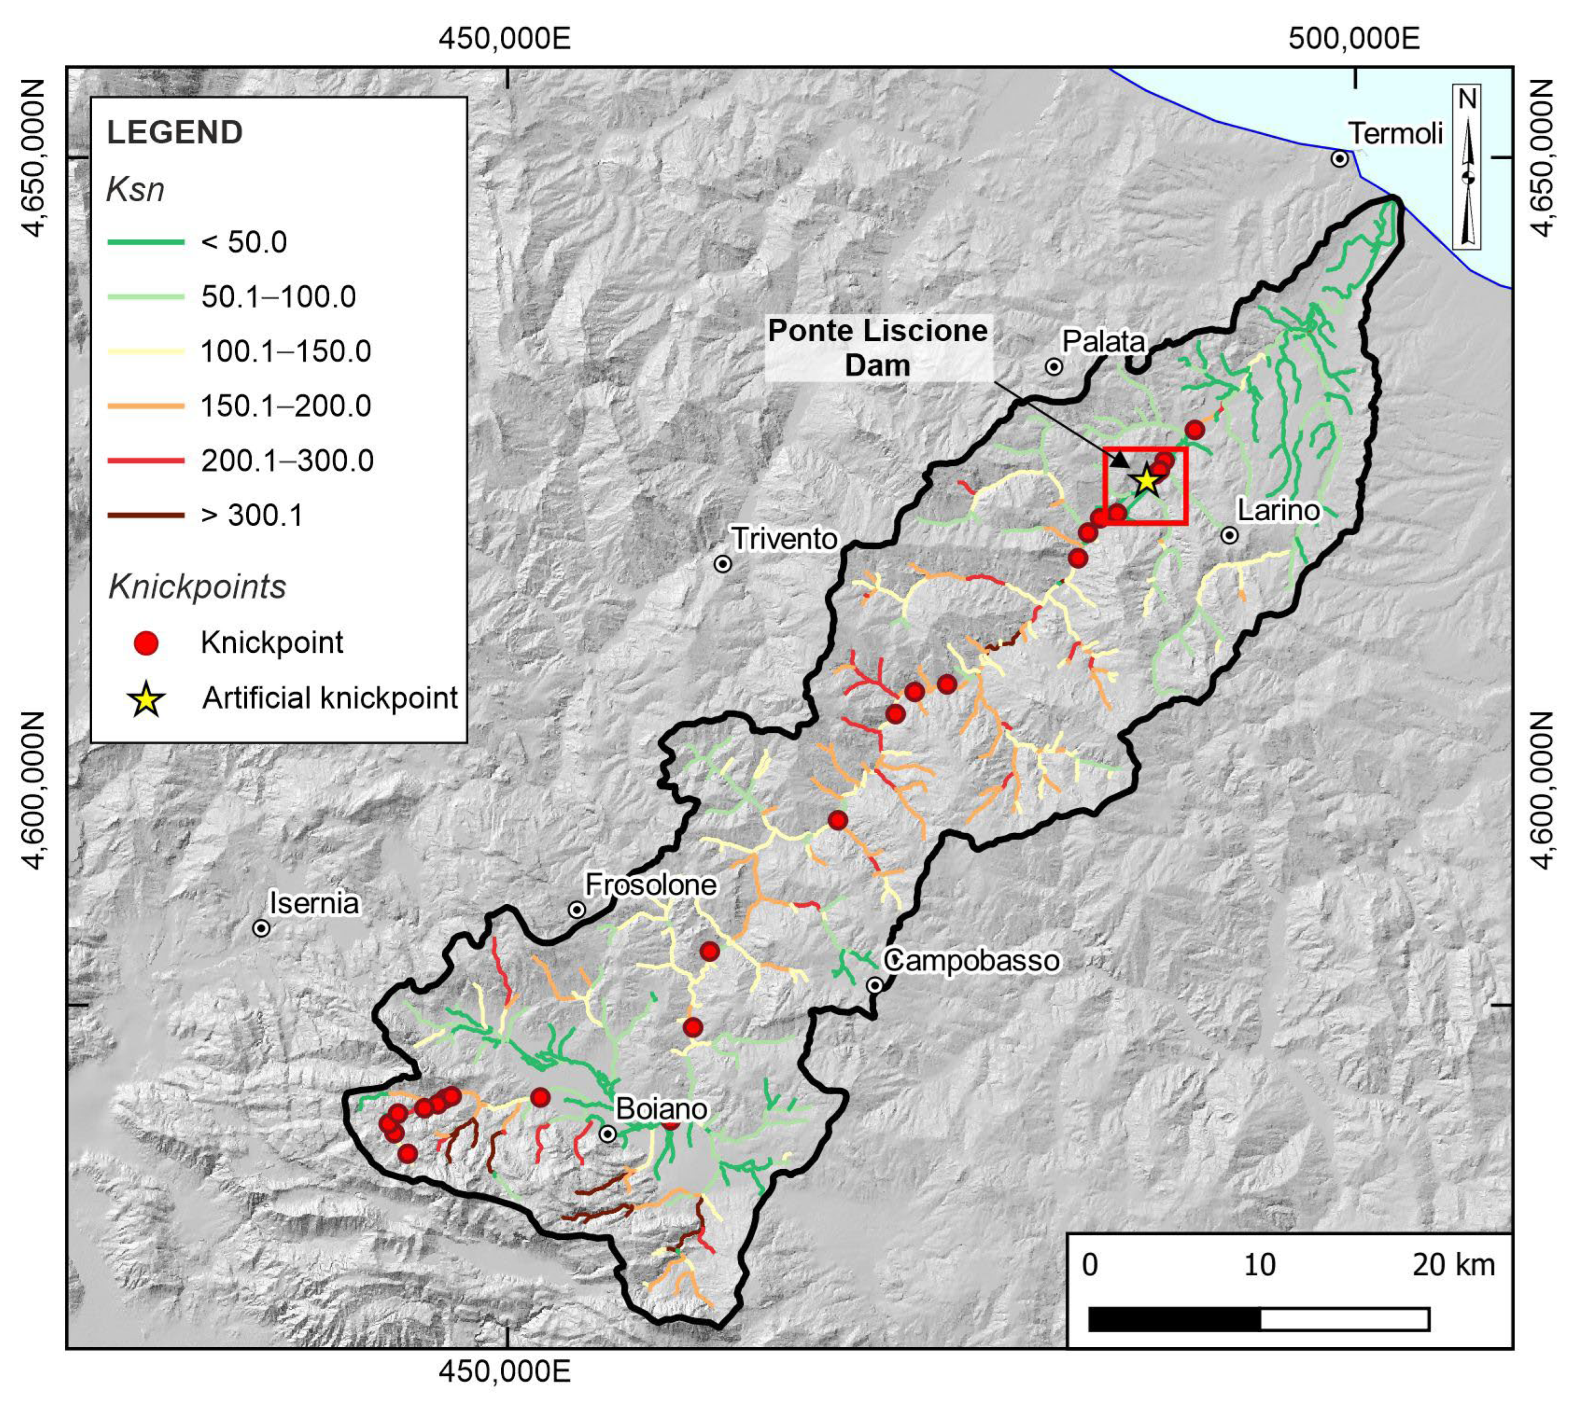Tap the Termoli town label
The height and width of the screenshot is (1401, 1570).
1394,134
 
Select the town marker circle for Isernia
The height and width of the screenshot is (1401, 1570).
261,928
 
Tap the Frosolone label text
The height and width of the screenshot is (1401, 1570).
651,885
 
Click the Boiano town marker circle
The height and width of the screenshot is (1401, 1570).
608,1134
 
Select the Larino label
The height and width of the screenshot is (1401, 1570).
1278,510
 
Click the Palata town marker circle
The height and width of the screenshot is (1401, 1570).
1054,366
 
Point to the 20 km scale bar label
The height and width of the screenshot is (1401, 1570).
1453,1265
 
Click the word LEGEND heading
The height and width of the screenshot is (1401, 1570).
175,132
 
